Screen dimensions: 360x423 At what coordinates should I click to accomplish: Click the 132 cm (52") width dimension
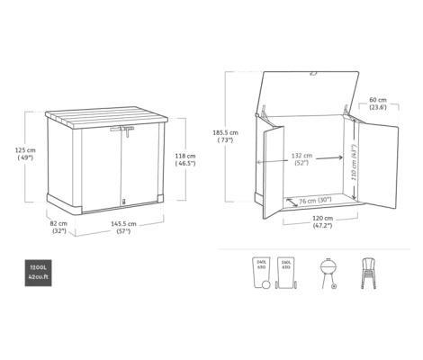pos(302,159)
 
